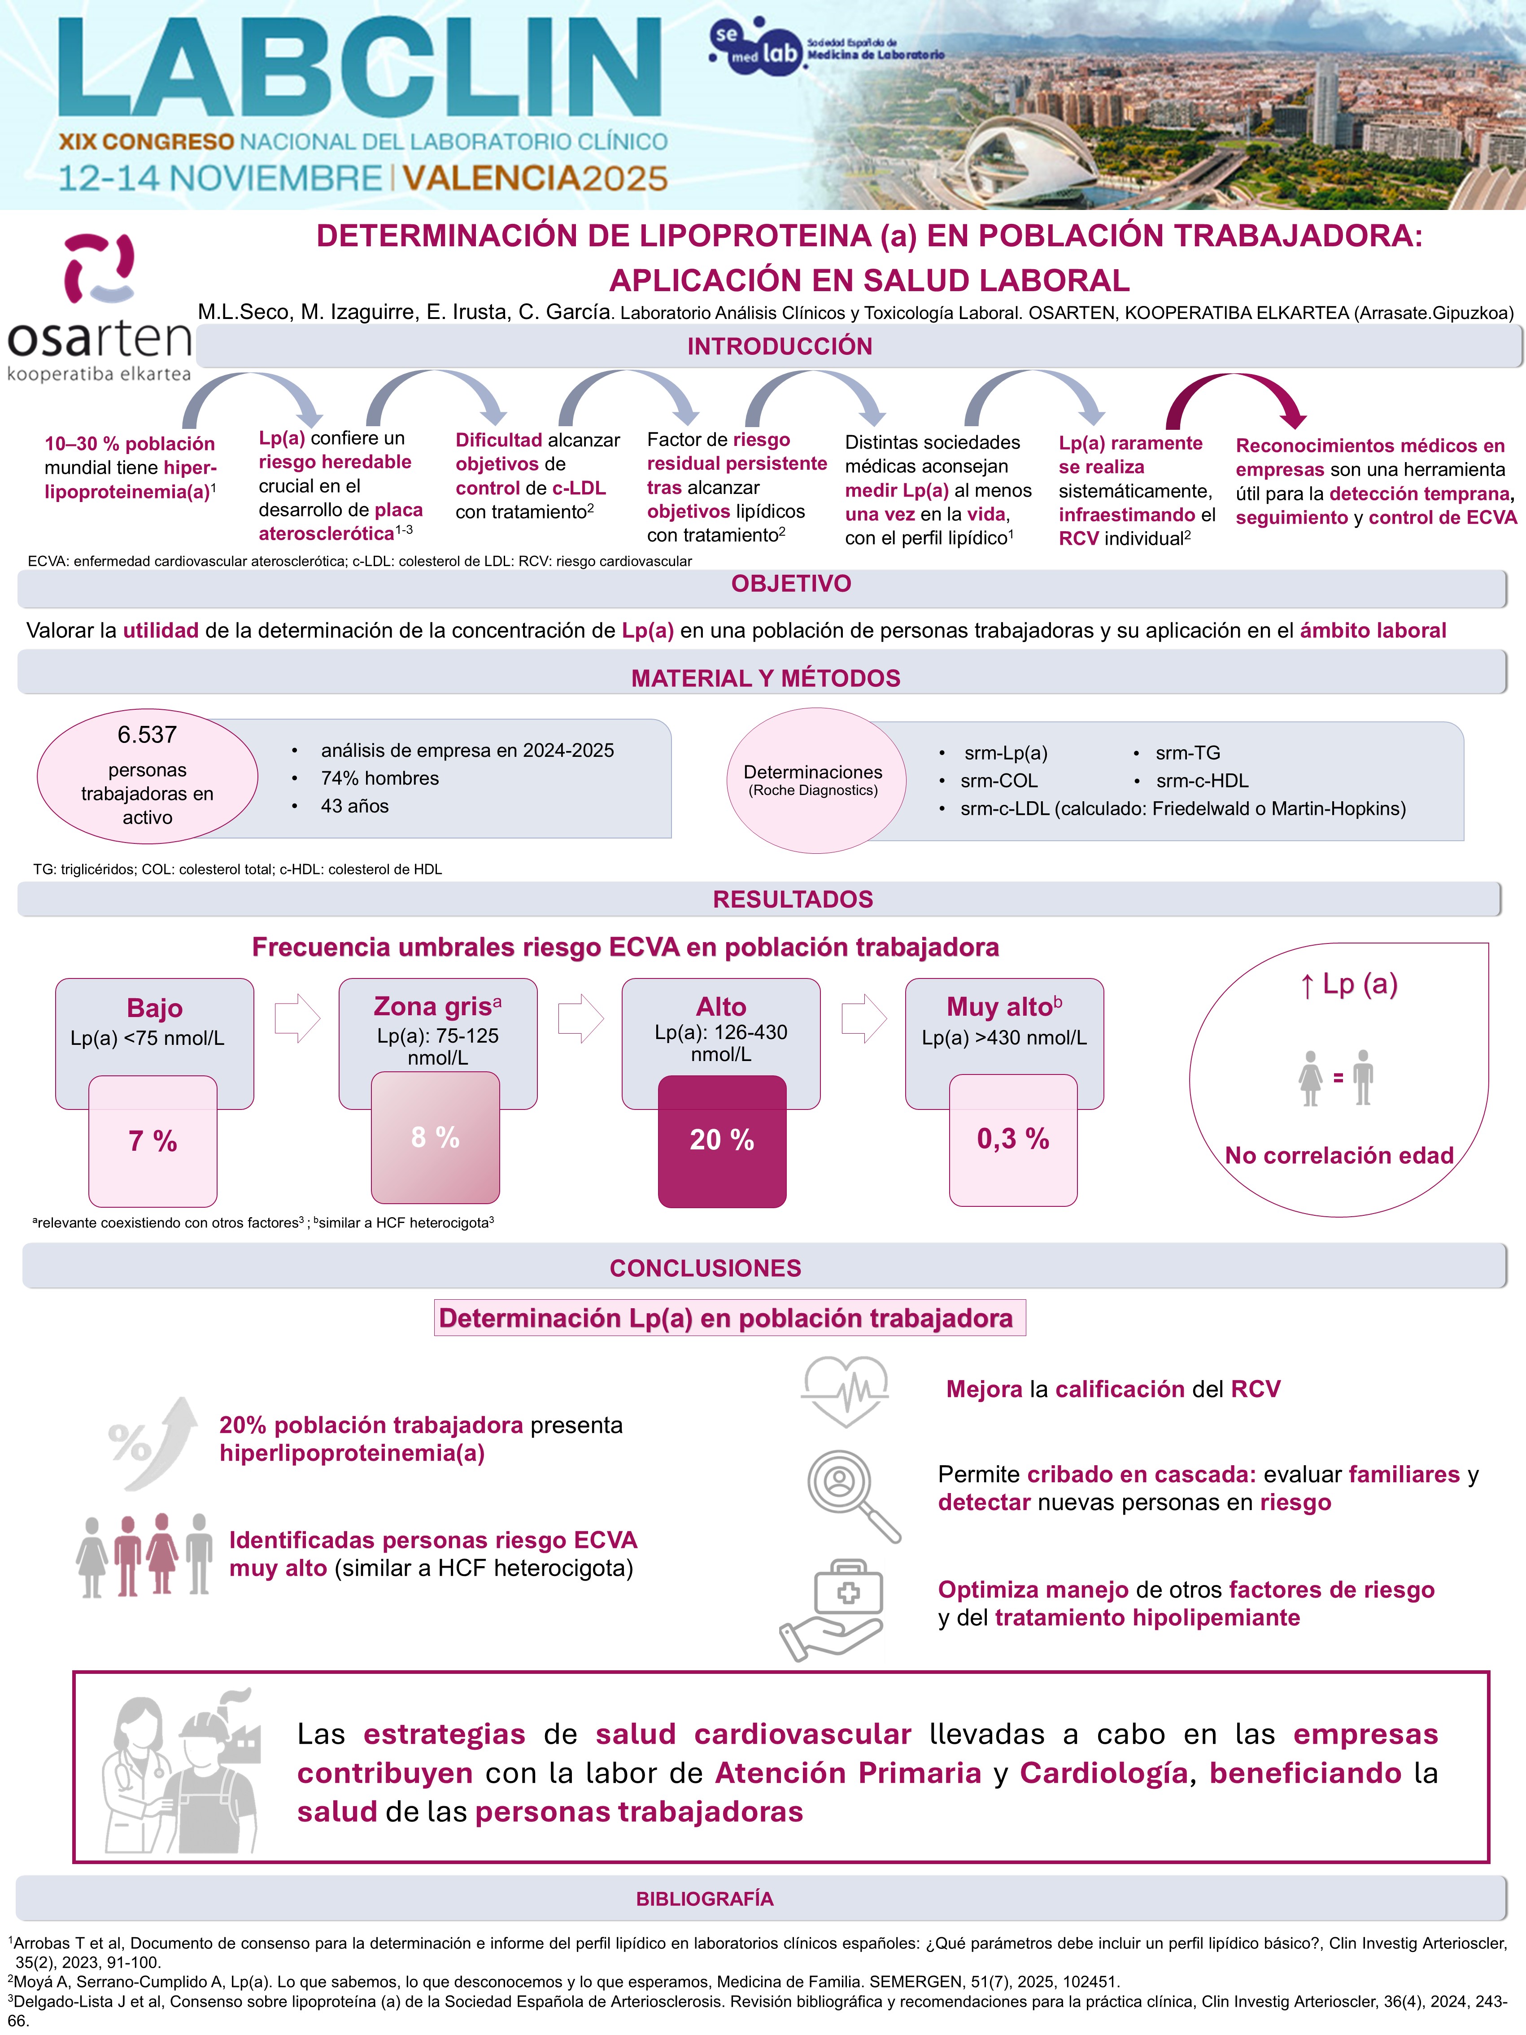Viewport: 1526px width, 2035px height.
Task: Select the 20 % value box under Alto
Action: [x=722, y=1141]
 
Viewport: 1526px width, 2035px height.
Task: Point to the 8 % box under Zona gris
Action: [x=435, y=1138]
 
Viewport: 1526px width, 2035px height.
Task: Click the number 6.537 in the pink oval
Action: [x=147, y=735]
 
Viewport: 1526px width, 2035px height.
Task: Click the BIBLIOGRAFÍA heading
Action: [x=705, y=1899]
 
